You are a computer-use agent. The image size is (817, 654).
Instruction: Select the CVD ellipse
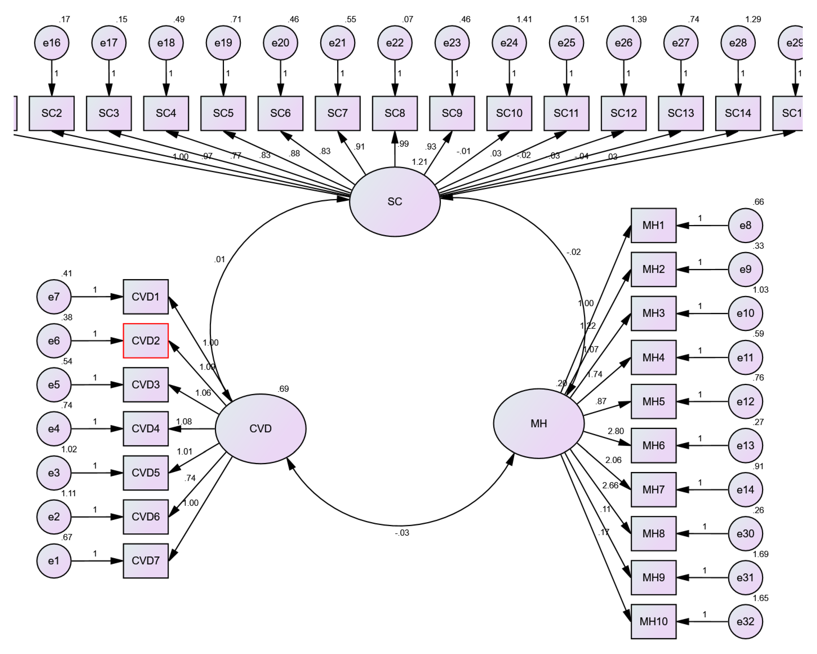(260, 429)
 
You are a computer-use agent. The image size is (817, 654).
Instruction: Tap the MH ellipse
(538, 423)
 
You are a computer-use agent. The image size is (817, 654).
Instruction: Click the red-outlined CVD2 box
(146, 341)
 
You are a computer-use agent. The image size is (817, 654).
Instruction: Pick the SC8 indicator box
(395, 113)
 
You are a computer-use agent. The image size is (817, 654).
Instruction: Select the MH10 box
(653, 621)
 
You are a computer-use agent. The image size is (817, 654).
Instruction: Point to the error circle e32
(745, 621)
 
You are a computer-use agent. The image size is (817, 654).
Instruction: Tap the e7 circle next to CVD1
(54, 297)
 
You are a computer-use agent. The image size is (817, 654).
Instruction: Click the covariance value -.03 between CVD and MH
(402, 533)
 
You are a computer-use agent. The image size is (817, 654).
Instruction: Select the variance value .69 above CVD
(283, 389)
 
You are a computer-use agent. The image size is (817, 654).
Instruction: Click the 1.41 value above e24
(524, 19)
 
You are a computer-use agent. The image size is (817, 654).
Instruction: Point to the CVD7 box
(146, 561)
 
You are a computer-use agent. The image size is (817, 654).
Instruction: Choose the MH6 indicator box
(653, 445)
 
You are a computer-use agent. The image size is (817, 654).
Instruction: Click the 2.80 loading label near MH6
(615, 431)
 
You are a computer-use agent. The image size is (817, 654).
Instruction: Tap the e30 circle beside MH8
(745, 533)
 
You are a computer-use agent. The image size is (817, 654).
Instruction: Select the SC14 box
(738, 113)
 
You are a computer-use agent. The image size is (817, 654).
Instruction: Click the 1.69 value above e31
(760, 554)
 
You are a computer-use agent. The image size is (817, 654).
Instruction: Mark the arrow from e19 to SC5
(223, 78)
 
